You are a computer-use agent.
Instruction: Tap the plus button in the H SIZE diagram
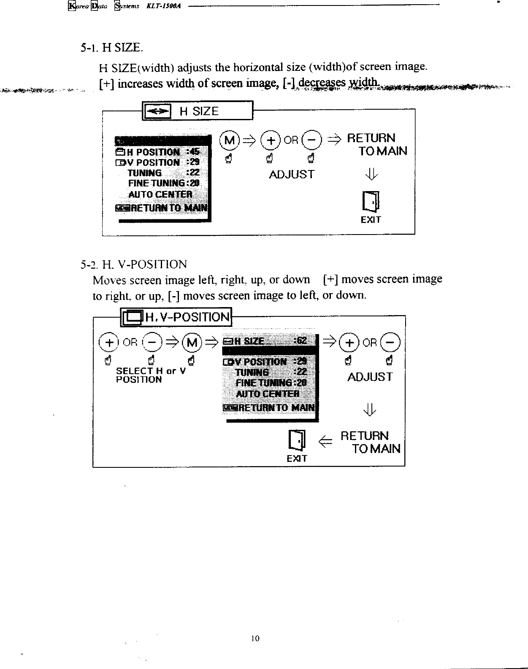coord(271,140)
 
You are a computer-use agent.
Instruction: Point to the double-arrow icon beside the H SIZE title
coord(157,111)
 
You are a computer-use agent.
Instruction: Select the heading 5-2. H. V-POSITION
coord(133,264)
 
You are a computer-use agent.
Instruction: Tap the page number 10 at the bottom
coord(255,638)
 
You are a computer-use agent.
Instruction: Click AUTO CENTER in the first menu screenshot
coord(160,194)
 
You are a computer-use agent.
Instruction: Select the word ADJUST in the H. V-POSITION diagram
coord(370,377)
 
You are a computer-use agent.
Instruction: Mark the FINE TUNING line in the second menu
coord(271,383)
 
